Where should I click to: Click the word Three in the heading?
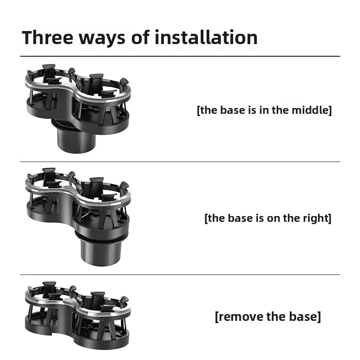click(x=48, y=37)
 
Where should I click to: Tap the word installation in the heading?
click(x=206, y=37)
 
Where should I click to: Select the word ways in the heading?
click(x=103, y=39)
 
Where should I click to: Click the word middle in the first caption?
click(x=311, y=110)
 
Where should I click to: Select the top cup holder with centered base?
click(x=78, y=108)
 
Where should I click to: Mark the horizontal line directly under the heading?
click(x=180, y=56)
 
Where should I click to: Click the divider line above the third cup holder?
click(x=180, y=274)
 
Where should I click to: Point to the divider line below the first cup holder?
click(x=180, y=162)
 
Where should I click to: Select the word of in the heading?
click(x=140, y=37)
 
